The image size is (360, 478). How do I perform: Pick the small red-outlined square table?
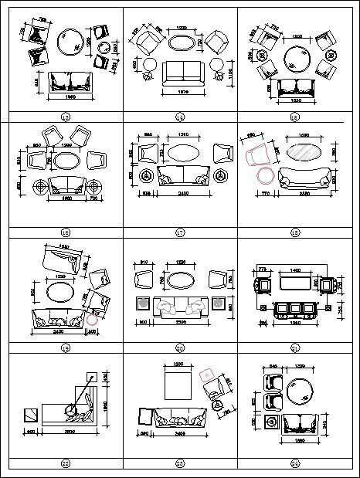click(x=205, y=376)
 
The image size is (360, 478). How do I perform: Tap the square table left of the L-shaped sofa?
click(x=29, y=415)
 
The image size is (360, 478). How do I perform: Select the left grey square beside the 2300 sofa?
click(x=141, y=304)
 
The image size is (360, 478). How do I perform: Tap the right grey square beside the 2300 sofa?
click(x=219, y=304)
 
